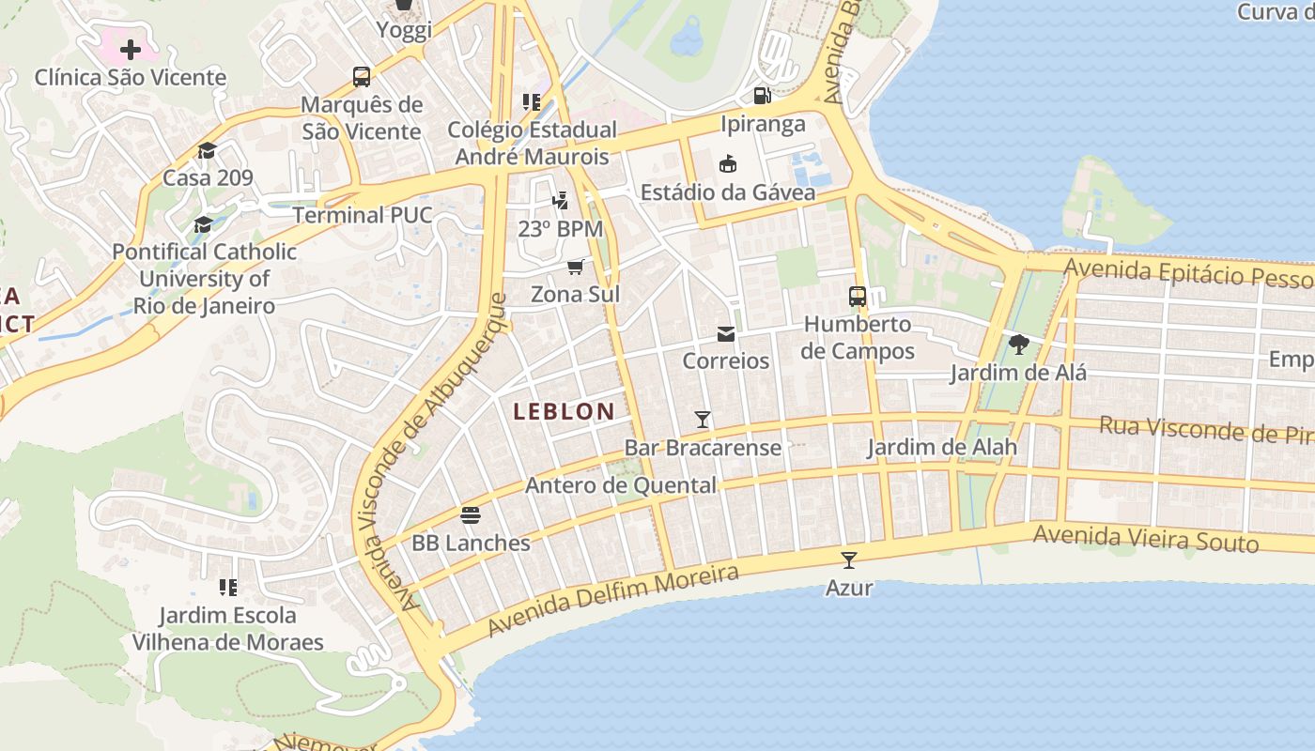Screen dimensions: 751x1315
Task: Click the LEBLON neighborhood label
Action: click(564, 411)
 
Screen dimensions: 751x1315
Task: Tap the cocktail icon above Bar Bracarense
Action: click(702, 419)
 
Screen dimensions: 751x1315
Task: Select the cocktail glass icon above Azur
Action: click(849, 560)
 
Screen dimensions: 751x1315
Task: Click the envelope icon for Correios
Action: click(726, 334)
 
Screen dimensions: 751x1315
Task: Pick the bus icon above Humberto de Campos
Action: click(858, 297)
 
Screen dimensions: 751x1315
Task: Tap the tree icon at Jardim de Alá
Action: click(1018, 345)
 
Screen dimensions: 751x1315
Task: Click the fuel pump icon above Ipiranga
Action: click(763, 95)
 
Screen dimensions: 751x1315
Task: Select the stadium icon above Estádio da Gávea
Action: click(727, 163)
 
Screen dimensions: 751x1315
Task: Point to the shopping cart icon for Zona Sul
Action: click(576, 267)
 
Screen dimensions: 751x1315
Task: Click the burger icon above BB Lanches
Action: click(471, 514)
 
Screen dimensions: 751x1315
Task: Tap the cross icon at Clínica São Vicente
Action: click(131, 49)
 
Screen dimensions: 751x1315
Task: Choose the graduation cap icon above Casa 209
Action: click(207, 150)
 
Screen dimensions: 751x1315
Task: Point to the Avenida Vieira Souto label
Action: click(1145, 539)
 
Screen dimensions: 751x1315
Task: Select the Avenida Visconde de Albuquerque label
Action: click(438, 451)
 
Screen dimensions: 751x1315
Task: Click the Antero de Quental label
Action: click(620, 485)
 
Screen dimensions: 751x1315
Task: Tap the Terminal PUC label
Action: click(363, 215)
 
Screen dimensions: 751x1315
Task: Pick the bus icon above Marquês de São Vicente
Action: click(362, 76)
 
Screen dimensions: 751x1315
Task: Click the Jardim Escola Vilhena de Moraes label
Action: click(227, 629)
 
